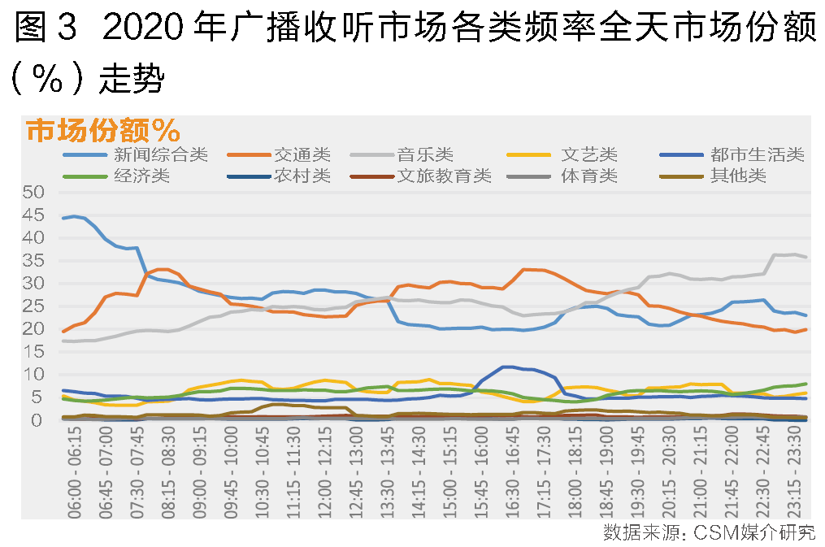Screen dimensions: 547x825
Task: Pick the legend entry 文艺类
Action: (x=589, y=154)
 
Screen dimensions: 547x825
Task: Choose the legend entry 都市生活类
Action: (x=756, y=154)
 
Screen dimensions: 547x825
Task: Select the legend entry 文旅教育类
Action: (x=444, y=175)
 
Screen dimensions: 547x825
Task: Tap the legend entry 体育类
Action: (x=589, y=175)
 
